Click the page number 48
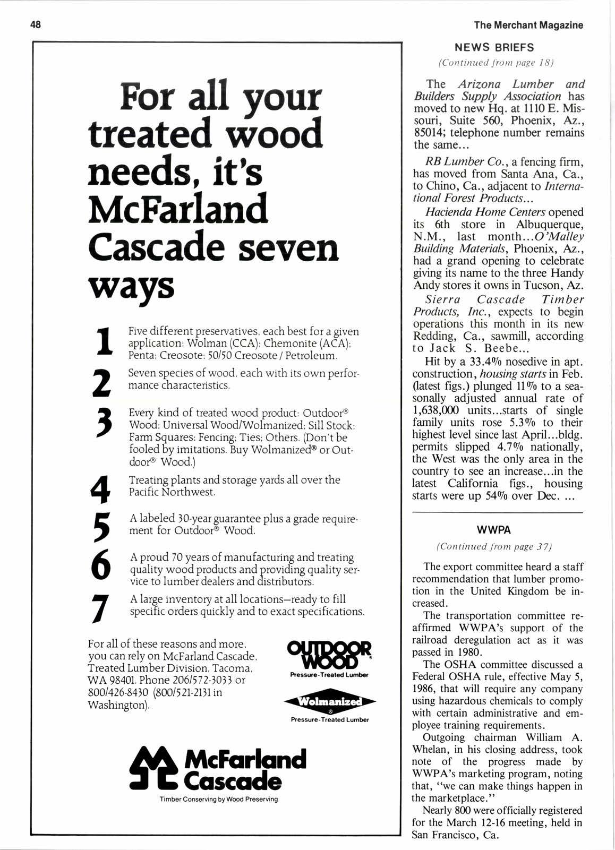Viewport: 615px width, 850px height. pos(36,24)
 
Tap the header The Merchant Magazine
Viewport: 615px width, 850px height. pos(528,25)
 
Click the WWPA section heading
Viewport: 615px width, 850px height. pos(498,530)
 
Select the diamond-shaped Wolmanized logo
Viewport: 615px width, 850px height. pos(330,702)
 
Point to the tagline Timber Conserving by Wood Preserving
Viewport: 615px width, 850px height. pos(218,799)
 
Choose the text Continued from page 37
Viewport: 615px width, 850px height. pos(497,546)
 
